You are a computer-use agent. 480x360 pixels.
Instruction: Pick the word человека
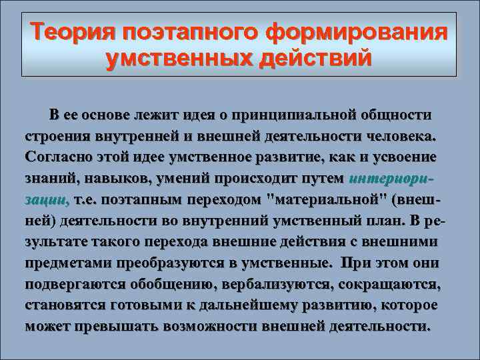tap(399, 136)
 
